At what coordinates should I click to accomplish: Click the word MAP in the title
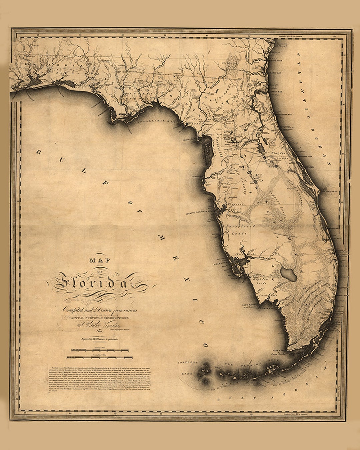[99, 260]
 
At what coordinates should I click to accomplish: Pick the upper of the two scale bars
[99, 350]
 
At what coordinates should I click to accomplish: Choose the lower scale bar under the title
[99, 357]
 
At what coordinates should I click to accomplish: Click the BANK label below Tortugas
[185, 374]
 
